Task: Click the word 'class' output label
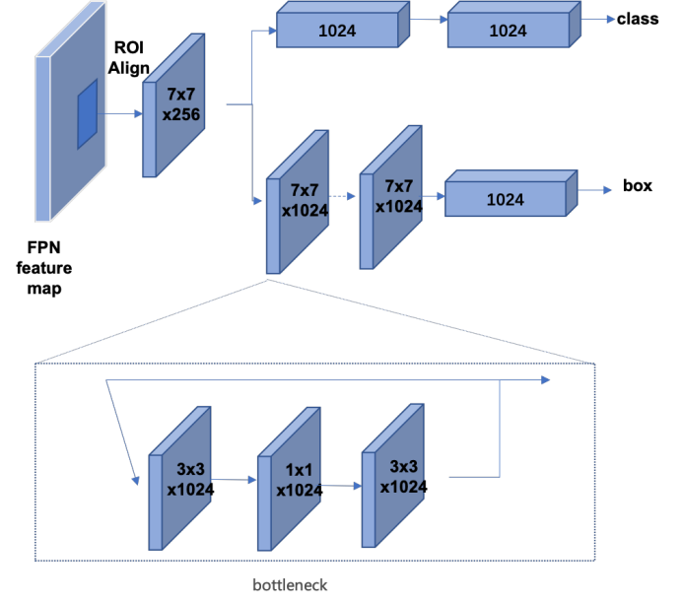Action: click(638, 19)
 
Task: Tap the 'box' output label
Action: click(638, 186)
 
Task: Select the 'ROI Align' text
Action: click(129, 58)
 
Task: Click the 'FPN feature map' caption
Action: click(44, 268)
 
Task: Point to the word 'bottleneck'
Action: click(290, 585)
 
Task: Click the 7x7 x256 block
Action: click(173, 105)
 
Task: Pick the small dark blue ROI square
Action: click(87, 114)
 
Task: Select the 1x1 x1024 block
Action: click(289, 479)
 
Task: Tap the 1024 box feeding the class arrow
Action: click(514, 25)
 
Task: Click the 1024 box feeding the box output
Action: click(511, 193)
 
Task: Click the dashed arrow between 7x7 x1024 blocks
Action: click(342, 197)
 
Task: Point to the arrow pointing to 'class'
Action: click(598, 19)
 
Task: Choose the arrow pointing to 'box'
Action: click(595, 190)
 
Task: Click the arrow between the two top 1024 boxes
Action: click(429, 19)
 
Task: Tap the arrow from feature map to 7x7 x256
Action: click(120, 114)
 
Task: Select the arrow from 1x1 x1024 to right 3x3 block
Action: click(341, 486)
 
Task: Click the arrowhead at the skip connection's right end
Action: click(545, 380)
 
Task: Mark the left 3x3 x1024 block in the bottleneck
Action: click(180, 479)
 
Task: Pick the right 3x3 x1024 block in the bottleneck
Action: click(393, 476)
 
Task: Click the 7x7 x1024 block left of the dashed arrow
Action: click(298, 202)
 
